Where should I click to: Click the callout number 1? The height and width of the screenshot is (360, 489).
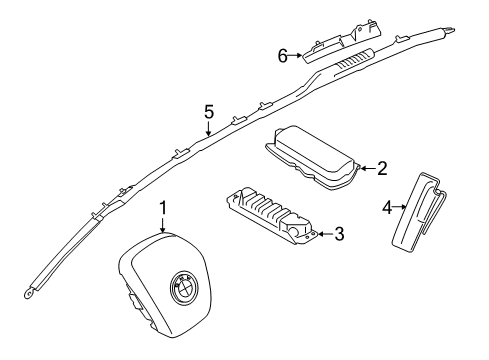(x=163, y=208)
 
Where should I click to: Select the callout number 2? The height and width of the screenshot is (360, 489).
(x=382, y=168)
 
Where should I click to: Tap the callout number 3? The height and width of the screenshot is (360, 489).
(x=339, y=234)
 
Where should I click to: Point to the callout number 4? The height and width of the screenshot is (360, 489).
(x=387, y=207)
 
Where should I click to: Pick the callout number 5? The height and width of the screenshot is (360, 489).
(x=209, y=112)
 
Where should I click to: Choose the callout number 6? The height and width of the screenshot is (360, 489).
(x=283, y=56)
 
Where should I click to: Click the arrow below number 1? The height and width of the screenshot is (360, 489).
(x=163, y=225)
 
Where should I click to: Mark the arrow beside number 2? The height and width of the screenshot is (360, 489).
(x=368, y=168)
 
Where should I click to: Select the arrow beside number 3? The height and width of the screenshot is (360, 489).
(x=325, y=234)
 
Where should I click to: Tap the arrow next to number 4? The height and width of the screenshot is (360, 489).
(x=400, y=207)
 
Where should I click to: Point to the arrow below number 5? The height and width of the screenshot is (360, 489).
(x=208, y=128)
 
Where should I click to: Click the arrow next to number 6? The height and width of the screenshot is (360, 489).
(x=295, y=56)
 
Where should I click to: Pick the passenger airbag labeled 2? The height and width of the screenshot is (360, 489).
(x=313, y=158)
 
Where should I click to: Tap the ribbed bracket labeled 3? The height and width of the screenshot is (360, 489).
(x=272, y=216)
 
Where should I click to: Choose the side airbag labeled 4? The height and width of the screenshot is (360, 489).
(x=418, y=211)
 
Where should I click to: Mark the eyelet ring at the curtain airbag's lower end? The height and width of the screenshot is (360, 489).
(x=28, y=294)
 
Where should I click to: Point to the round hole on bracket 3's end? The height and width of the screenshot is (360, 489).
(x=295, y=230)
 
